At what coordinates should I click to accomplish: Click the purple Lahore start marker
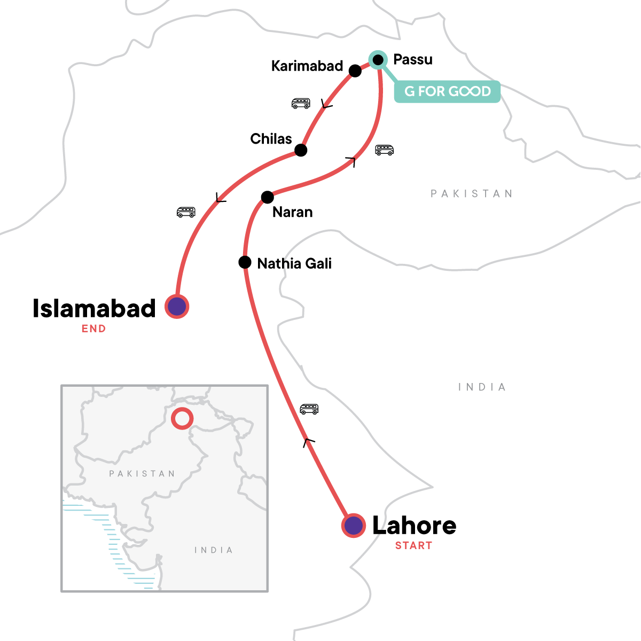coord(353,526)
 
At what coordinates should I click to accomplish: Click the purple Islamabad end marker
coord(177,307)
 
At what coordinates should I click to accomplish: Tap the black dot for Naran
coord(267,197)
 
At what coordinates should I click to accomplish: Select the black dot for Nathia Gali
coord(245,262)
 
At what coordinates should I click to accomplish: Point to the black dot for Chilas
coord(301,150)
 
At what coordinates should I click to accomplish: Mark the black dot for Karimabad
coord(355,71)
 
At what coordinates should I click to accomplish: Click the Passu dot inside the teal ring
coord(378,59)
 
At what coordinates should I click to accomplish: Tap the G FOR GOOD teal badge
coord(447,91)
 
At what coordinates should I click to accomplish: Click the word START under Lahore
coord(413,545)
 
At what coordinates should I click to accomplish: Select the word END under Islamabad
coord(93,329)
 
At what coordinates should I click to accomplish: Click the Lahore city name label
coord(414,526)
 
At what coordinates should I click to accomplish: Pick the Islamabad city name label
coord(94,309)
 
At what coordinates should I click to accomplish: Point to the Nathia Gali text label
coord(294,263)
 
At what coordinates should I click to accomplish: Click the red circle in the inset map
coord(182,418)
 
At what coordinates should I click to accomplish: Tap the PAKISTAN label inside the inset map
coord(142,474)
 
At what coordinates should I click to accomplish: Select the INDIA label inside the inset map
coord(214,550)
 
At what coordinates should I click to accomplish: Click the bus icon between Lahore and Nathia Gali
coord(309,409)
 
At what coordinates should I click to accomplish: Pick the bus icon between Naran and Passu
coord(384,150)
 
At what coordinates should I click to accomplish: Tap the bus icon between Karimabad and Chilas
coord(301,103)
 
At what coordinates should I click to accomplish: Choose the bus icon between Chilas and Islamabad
coord(186,212)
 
